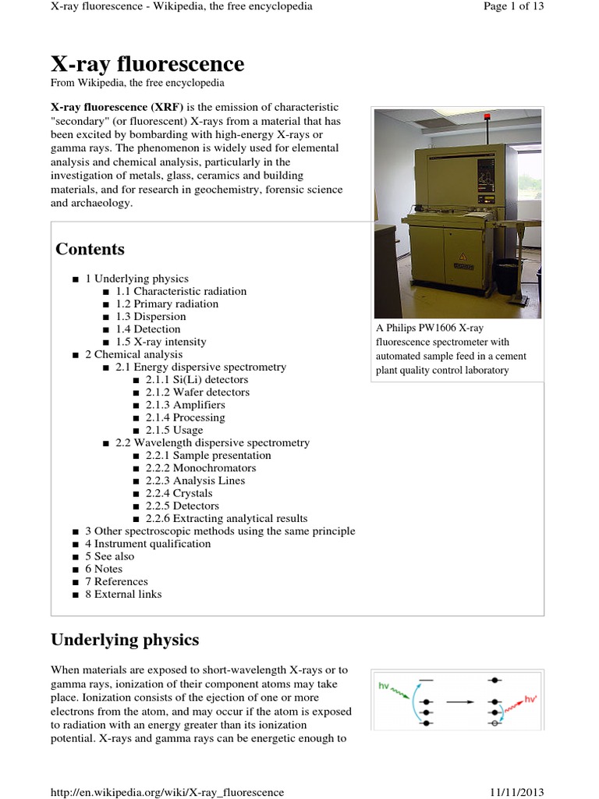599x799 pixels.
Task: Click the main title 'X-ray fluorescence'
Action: tap(147, 64)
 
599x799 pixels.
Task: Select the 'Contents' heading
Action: tap(90, 249)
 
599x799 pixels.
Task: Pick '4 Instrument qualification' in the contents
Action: tap(147, 544)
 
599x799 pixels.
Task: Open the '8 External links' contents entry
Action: tap(123, 594)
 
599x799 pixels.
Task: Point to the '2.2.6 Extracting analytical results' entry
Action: tap(226, 518)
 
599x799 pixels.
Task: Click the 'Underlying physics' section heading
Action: tap(125, 640)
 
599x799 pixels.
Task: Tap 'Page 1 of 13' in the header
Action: tap(513, 6)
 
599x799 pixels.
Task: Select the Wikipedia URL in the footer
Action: tap(167, 792)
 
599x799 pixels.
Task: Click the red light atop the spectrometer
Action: tap(487, 116)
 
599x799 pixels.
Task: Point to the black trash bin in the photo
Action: tap(507, 276)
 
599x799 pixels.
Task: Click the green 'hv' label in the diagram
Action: tap(384, 686)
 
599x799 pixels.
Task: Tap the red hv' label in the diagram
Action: tap(533, 700)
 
